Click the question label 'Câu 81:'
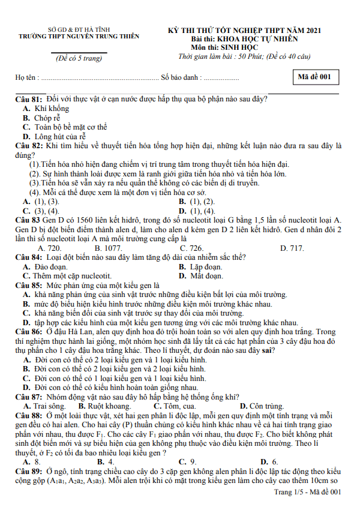click(x=29, y=99)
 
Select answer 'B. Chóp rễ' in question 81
click(x=42, y=118)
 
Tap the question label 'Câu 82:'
click(x=29, y=146)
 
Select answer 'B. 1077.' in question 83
click(x=109, y=248)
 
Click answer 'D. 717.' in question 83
click(x=292, y=248)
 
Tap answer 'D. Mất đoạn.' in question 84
click(x=200, y=276)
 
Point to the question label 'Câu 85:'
click(x=29, y=286)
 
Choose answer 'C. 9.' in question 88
click(x=187, y=462)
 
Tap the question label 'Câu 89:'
click(x=29, y=472)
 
